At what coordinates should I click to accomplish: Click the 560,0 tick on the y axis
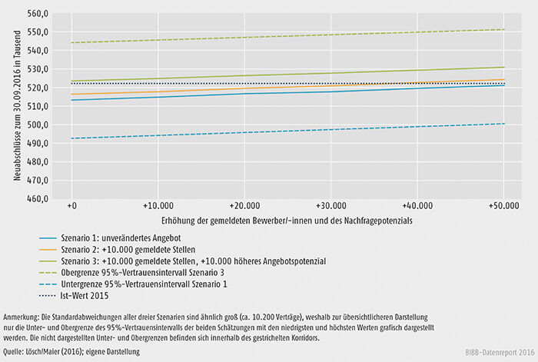click(38, 14)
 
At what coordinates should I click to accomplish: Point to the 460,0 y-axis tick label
click(38, 199)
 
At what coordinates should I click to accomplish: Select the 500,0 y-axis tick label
click(38, 125)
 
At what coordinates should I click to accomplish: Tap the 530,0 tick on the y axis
click(38, 69)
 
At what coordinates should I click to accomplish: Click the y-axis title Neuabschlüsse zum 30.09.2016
click(16, 105)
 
